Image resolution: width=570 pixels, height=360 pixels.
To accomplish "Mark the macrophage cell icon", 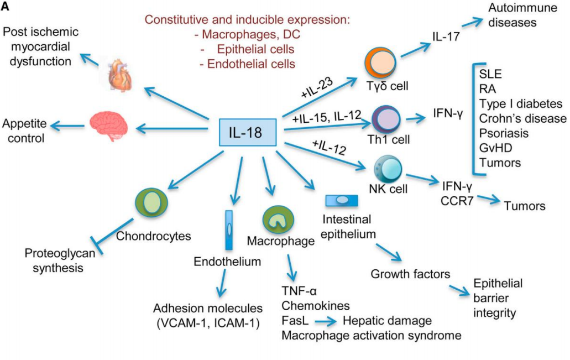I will click(275, 218).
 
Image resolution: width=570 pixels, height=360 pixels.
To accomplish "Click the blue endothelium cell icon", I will click(229, 229).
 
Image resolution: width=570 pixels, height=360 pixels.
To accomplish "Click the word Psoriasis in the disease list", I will click(504, 133).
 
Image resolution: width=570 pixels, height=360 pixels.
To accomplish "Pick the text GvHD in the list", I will click(495, 148).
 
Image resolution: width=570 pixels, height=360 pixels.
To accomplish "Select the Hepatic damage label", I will click(387, 320).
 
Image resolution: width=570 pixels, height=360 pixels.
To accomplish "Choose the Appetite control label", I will click(25, 130).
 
